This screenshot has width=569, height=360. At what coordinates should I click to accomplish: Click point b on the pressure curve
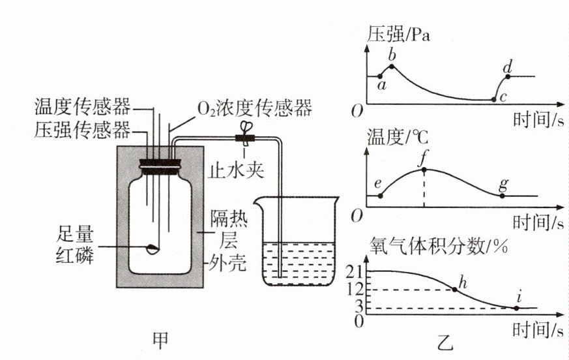392,66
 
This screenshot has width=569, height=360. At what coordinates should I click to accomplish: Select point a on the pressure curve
381,76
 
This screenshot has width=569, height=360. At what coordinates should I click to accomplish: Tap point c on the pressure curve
493,99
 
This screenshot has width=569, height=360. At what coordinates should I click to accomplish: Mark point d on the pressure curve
508,76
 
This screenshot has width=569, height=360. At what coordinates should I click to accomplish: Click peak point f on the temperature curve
424,170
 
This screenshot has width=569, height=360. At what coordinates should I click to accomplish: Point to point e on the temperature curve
381,195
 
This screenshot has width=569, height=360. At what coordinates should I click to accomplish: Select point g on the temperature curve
502,194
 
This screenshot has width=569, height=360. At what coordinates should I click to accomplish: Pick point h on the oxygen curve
455,288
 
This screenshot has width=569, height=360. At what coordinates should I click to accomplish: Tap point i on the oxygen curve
518,307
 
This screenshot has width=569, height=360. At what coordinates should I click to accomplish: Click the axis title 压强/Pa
400,35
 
